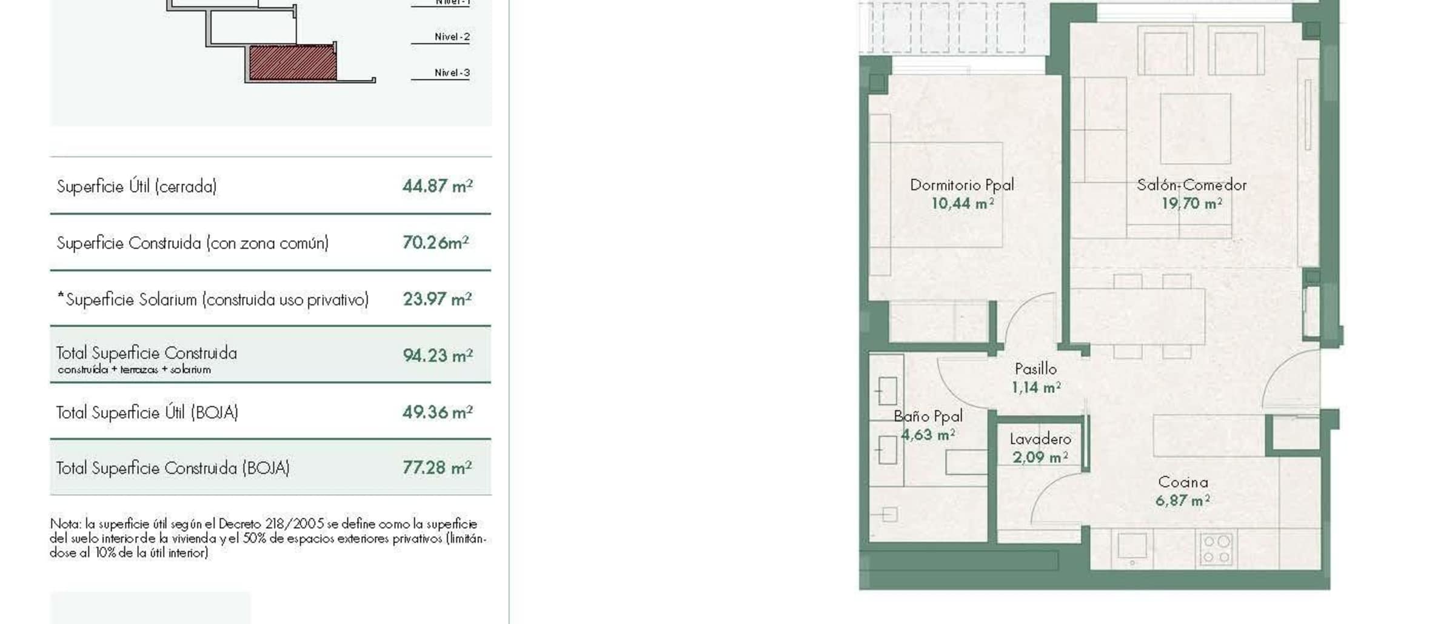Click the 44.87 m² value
[438, 186]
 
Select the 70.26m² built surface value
[436, 242]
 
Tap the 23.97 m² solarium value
[438, 299]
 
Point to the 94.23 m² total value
[438, 355]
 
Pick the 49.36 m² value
[438, 412]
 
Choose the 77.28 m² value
[438, 468]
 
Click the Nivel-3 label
[452, 73]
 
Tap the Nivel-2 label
[452, 37]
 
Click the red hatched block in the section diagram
[293, 63]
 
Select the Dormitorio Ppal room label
[962, 185]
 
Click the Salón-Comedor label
[1192, 185]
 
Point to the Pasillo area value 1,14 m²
[1036, 387]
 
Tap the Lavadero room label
[1040, 438]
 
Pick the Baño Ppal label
[928, 416]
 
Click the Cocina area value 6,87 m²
[1183, 500]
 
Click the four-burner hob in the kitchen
[1216, 549]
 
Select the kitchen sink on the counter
[1132, 546]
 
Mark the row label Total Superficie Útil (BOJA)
[147, 412]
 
